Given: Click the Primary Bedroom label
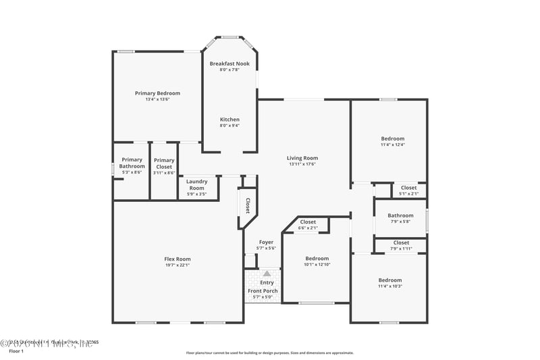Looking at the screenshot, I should coord(157,93).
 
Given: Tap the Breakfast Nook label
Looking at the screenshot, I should coord(229,63).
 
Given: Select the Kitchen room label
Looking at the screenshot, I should coord(230,120).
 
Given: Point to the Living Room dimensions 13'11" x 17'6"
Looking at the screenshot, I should coord(302,164).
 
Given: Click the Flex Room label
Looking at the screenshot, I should coord(178,259).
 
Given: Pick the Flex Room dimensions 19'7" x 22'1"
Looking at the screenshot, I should coord(178,265).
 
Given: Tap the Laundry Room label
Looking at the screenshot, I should coord(196,184).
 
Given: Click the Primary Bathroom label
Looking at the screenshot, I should coord(132,163).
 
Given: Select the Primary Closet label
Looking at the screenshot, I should coord(164,163).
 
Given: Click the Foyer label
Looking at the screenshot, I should coord(267,242).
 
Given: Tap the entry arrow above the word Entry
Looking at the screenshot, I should coord(267,274).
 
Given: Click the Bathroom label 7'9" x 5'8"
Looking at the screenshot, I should coord(400,215).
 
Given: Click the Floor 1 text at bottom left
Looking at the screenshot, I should coord(16,351).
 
